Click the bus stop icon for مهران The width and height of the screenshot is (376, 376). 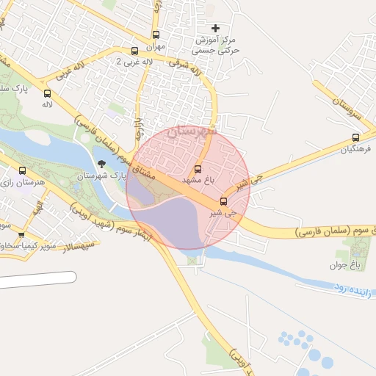156,35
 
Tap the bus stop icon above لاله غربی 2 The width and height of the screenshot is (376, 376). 134,51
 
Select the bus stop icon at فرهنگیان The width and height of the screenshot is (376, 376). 356,137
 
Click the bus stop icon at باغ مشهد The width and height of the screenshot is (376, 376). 198,170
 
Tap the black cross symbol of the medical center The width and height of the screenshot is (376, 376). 215,29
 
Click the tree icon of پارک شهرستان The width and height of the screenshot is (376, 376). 101,164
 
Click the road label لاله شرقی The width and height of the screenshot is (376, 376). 185,68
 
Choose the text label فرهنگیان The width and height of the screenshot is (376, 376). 356,149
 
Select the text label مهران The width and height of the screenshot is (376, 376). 156,46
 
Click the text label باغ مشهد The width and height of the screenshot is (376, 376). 198,181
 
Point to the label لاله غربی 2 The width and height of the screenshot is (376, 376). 134,62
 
